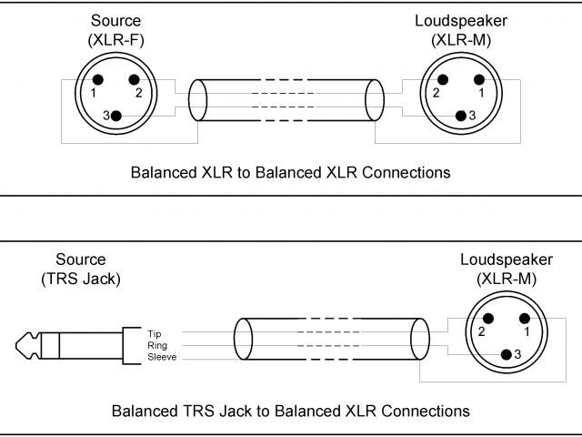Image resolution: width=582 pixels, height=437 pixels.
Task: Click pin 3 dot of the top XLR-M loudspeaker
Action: coord(460,115)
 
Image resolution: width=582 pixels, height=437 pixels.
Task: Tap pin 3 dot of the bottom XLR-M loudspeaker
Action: coord(506,352)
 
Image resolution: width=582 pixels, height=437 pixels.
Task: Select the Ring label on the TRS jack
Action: coord(156,345)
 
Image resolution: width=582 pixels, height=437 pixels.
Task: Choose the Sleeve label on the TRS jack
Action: coord(161,358)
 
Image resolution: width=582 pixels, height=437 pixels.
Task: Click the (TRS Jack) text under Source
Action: coord(80,279)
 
